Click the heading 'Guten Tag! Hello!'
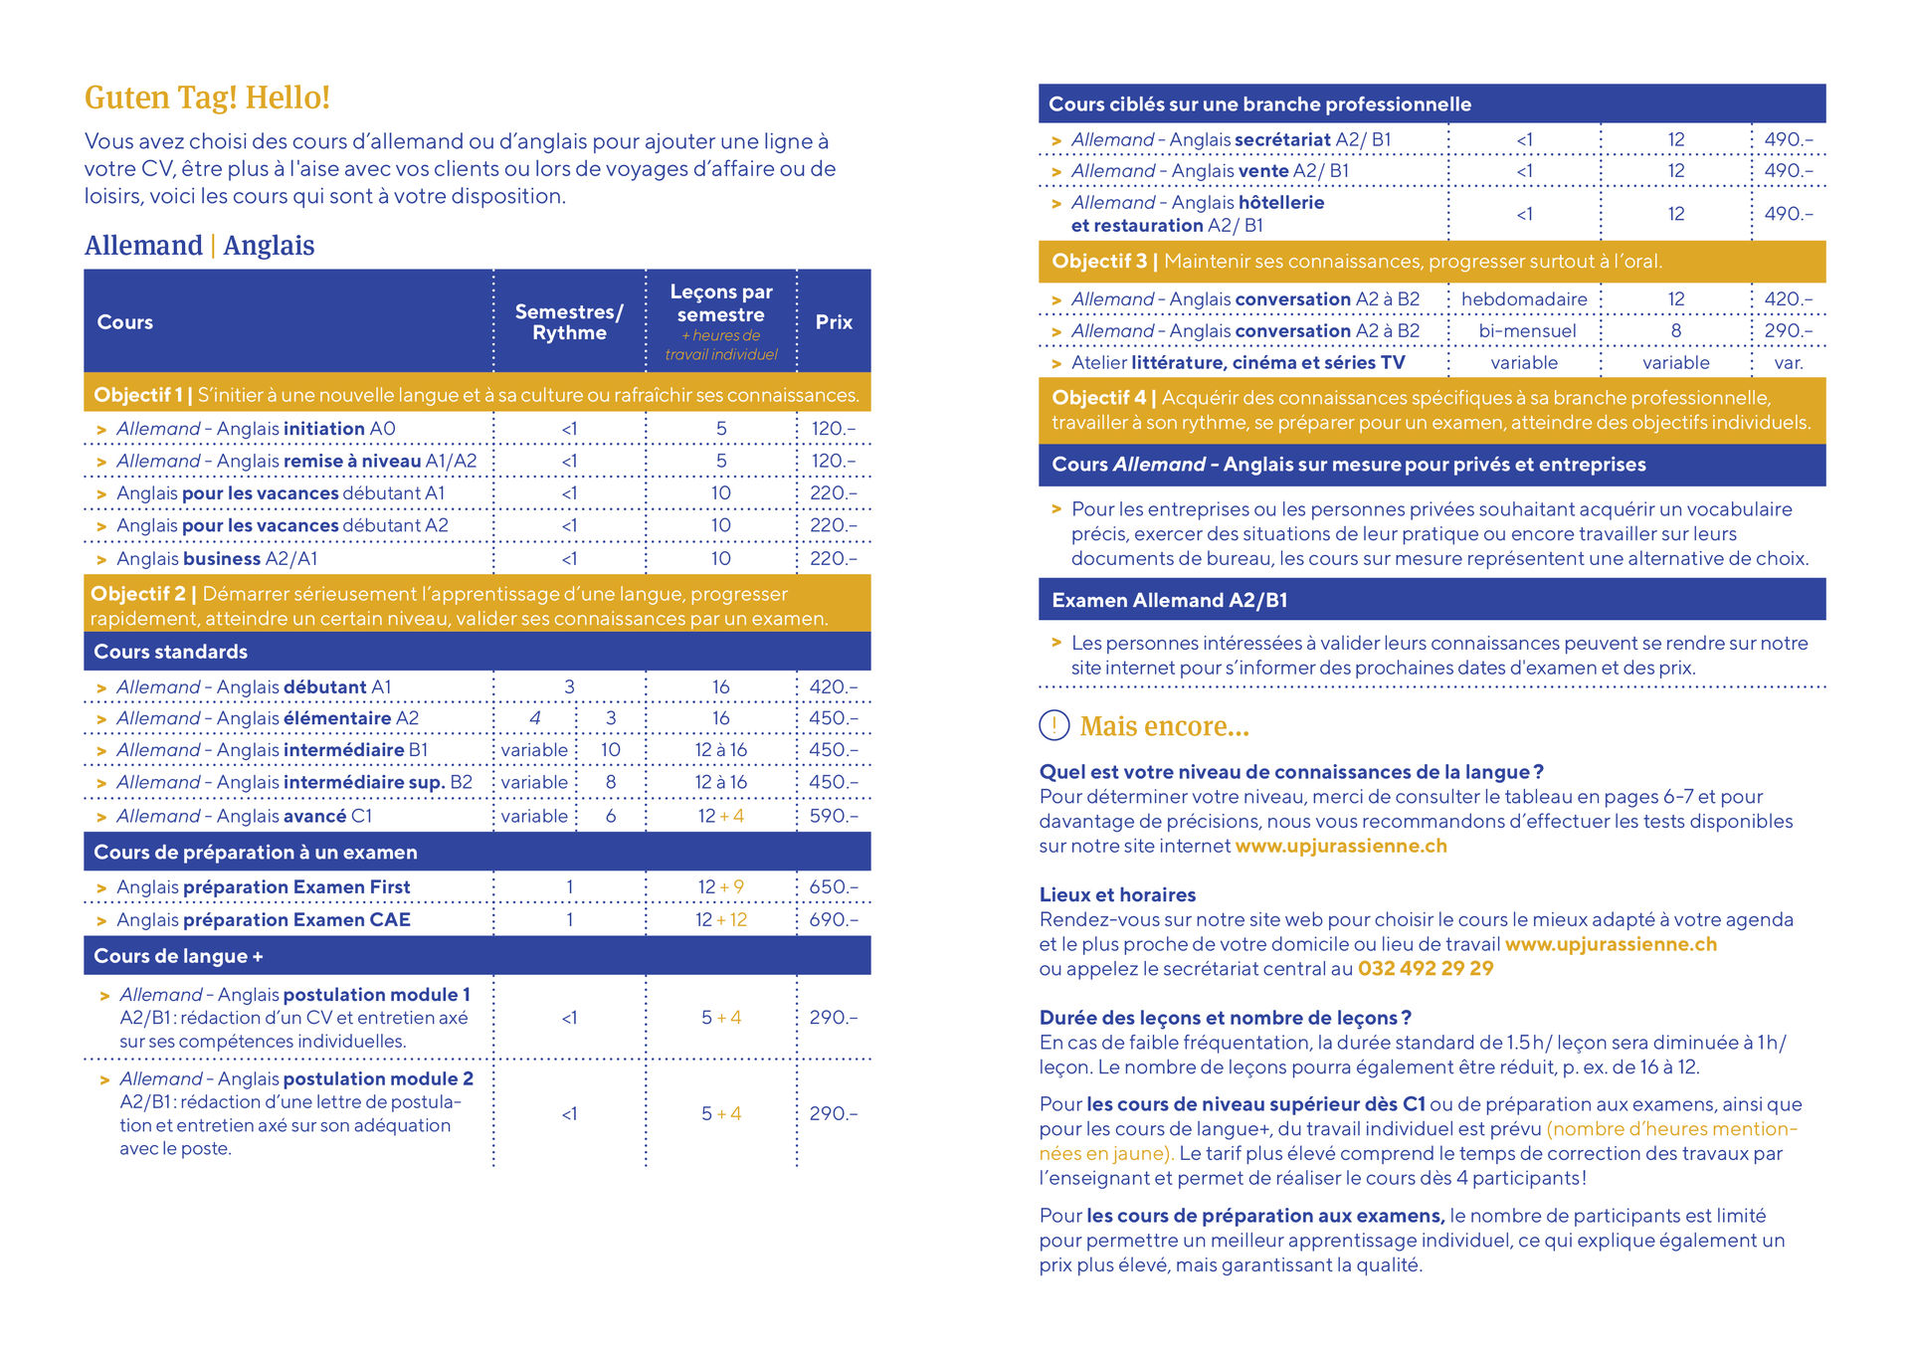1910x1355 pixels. coord(207,97)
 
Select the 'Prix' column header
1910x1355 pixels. coord(834,322)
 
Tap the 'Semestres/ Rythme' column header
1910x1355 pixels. coord(569,322)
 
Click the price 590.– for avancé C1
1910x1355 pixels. coord(833,816)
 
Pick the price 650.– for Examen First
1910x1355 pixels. coord(833,886)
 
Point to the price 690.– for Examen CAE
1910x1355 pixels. coord(833,920)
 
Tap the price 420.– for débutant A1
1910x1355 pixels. coord(833,686)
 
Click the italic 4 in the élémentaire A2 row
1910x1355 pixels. coord(535,718)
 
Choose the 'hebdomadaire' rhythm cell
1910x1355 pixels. coord(1524,299)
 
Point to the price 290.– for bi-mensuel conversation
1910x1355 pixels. coord(1788,331)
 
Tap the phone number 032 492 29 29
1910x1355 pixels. coord(1426,969)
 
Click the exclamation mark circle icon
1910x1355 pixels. coord(1053,726)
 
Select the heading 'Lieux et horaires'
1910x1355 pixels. coord(1117,895)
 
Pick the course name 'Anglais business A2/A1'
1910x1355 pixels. coord(217,559)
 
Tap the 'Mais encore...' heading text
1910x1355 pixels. coord(1164,726)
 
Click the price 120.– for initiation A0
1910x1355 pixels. coord(833,429)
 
